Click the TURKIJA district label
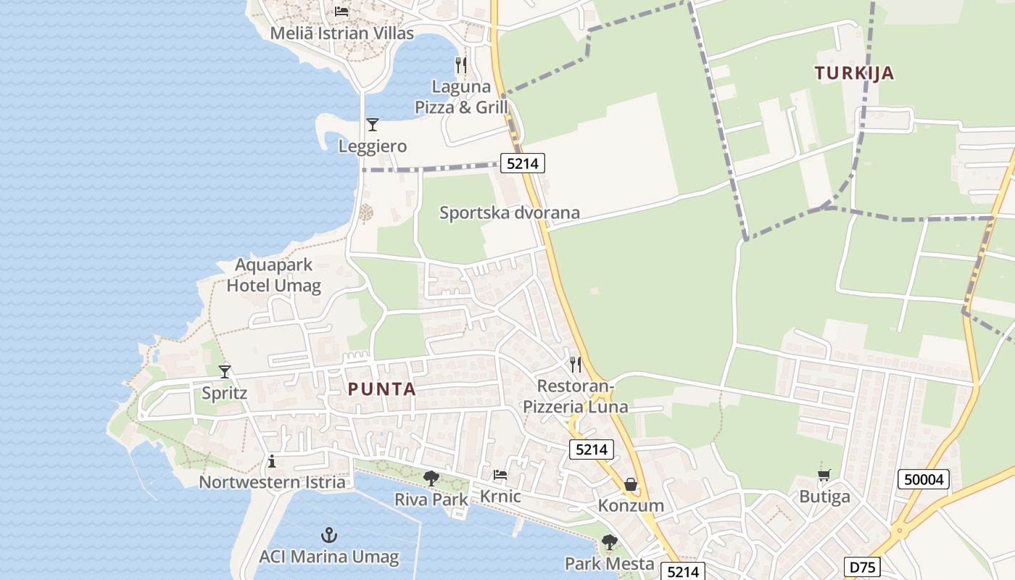[x=854, y=73]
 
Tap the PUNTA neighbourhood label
[x=381, y=389]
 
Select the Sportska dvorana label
[x=510, y=212]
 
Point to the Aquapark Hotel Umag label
[x=273, y=275]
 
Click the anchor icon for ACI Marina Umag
[x=329, y=536]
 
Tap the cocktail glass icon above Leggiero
[x=373, y=125]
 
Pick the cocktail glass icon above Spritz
[x=225, y=372]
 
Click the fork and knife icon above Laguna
[x=461, y=65]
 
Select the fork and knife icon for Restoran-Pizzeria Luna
[x=576, y=364]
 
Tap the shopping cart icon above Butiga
[x=824, y=476]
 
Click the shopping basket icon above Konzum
[x=631, y=484]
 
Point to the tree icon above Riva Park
[x=431, y=478]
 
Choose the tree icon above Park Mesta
[x=610, y=542]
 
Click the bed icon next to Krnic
[x=500, y=476]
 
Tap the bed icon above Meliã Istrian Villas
[x=341, y=11]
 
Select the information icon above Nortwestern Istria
[x=272, y=461]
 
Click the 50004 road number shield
[x=923, y=479]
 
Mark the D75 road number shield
[x=863, y=567]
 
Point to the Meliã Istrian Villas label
[x=341, y=33]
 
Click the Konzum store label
[x=631, y=505]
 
